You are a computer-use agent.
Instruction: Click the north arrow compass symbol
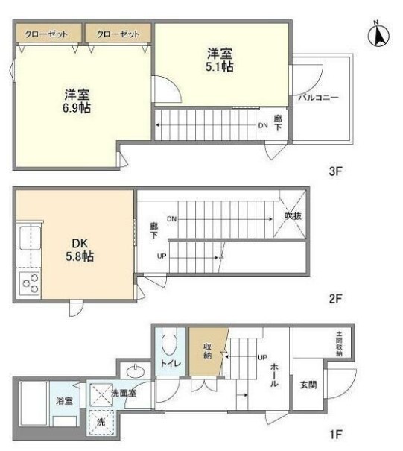(378, 34)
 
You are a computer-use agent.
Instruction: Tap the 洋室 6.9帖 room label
(77, 101)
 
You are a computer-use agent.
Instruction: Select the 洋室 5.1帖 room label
(220, 60)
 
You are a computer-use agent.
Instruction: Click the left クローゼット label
(46, 34)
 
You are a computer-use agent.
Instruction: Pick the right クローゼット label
(118, 34)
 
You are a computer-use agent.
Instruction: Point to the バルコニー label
(318, 97)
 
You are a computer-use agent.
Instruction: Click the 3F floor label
(335, 171)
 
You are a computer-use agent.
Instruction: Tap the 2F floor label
(335, 299)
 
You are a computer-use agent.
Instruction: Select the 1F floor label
(335, 434)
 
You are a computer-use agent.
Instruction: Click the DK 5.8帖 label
(80, 250)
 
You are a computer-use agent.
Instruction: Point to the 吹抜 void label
(293, 215)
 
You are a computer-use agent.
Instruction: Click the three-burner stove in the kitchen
(29, 283)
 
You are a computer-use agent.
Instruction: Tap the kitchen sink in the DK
(30, 238)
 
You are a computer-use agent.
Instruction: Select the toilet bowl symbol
(170, 341)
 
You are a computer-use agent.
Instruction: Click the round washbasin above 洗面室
(136, 371)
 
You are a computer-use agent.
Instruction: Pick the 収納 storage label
(208, 351)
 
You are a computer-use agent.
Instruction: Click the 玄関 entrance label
(308, 385)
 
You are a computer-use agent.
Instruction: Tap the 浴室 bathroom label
(64, 400)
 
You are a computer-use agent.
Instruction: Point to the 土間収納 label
(339, 344)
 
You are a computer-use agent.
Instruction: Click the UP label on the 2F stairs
(162, 256)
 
